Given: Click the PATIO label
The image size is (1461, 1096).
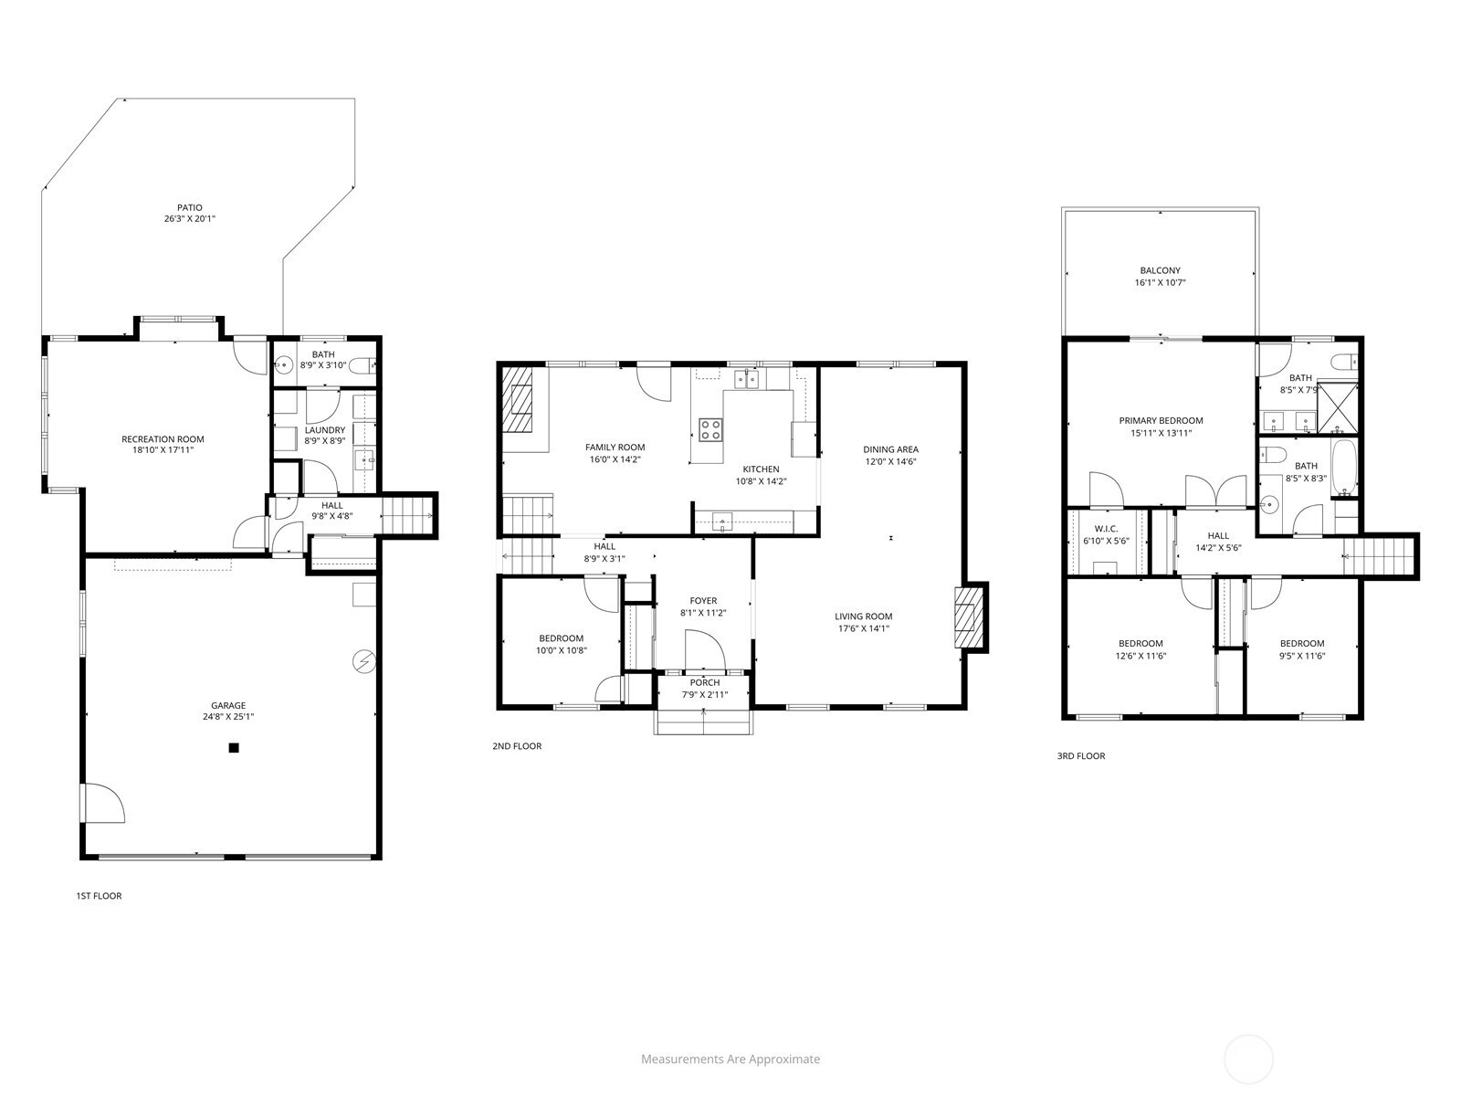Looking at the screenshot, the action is [190, 207].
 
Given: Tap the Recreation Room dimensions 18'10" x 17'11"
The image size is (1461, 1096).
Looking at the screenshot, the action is [163, 450].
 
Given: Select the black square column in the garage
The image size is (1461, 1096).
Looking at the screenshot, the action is [234, 748].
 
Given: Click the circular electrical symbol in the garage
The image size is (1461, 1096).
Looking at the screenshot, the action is [364, 661].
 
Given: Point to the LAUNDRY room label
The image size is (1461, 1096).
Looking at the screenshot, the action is [325, 430].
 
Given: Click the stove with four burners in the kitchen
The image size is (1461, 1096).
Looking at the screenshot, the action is [710, 429].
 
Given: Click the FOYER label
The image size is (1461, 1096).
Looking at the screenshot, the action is [703, 601].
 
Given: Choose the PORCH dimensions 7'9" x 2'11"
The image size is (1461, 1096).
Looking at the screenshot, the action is [705, 695].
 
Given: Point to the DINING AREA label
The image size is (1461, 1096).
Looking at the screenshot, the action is [890, 449].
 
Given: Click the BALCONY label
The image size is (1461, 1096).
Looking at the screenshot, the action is [1161, 271].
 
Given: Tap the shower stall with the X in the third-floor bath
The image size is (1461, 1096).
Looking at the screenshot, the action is [1337, 407].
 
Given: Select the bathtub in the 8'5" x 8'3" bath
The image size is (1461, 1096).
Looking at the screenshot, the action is [1344, 469].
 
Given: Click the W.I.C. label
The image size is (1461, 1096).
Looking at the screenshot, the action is [1106, 529].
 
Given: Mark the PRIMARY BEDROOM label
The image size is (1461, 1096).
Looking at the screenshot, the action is [1161, 420].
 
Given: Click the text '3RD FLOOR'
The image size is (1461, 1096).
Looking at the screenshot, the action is [1081, 756].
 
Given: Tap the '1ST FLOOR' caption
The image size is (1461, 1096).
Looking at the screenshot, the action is [100, 896].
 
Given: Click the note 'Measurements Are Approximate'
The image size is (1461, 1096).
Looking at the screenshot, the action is [730, 1059].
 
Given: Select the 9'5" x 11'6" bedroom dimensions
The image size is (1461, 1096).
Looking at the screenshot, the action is [1302, 656].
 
